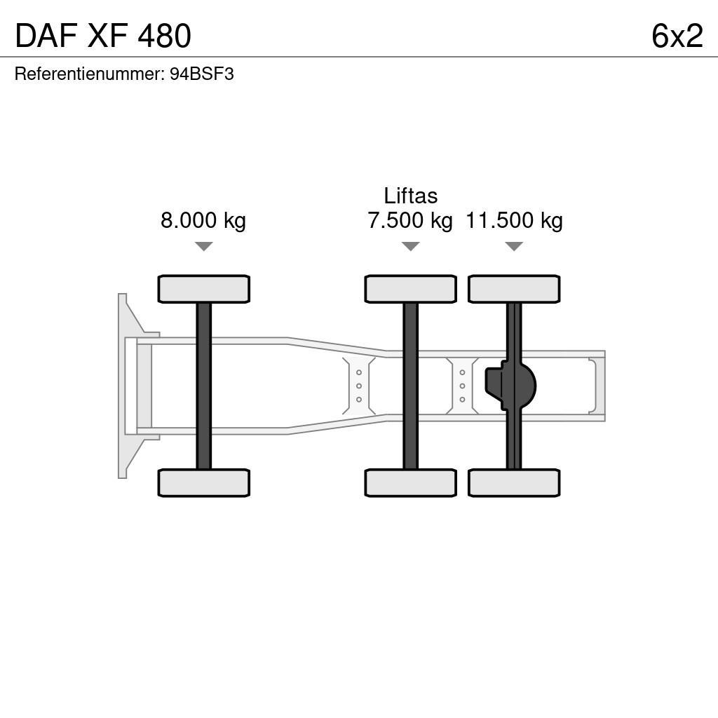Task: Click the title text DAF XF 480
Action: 102,36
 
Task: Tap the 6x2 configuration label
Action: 677,36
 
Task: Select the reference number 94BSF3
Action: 202,74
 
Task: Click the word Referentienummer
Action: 89,74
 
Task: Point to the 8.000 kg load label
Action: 203,221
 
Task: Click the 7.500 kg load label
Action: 410,221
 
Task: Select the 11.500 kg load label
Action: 514,221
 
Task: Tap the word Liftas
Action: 410,196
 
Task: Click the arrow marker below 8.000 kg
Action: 203,246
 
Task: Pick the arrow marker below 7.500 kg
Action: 410,246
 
